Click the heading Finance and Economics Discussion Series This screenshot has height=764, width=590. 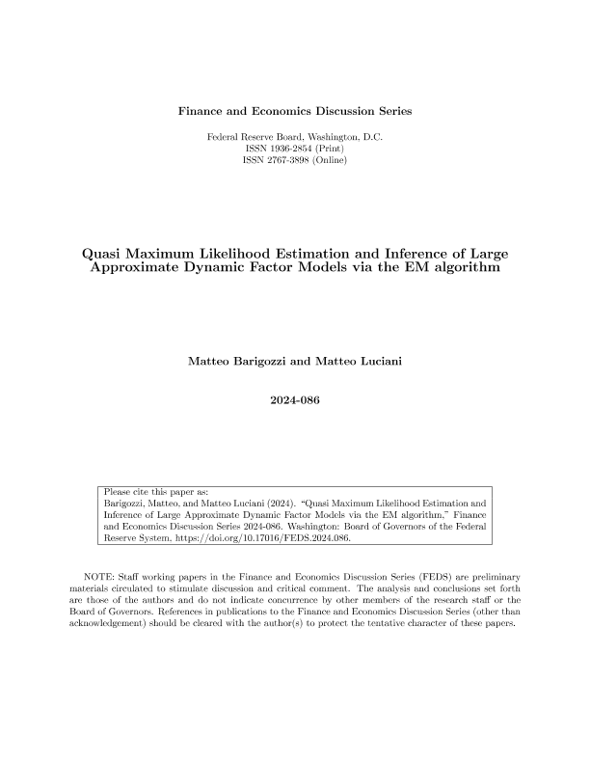295,111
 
